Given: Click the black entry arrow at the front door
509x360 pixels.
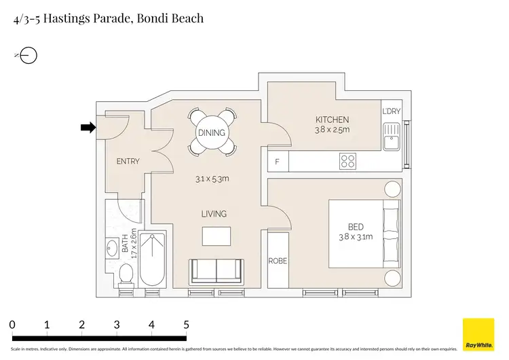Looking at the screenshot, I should click(88, 127).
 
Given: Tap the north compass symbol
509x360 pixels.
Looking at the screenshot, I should click(29, 56).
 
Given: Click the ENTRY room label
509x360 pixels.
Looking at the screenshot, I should click(128, 162).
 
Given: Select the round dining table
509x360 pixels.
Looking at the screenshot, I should click(212, 132).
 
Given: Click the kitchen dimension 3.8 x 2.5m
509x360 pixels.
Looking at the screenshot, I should click(332, 130).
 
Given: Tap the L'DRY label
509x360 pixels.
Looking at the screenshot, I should click(392, 111).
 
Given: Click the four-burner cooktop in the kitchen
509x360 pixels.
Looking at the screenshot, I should click(347, 161).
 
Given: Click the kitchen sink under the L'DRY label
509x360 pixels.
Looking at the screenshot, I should click(391, 137).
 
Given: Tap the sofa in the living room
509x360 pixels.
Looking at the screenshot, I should click(216, 272).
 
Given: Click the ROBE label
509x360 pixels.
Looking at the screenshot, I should click(278, 260).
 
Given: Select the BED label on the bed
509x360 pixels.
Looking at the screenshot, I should click(355, 227).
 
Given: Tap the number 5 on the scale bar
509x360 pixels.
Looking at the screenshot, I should click(186, 325).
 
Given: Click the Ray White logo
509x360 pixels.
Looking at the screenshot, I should click(478, 334).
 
